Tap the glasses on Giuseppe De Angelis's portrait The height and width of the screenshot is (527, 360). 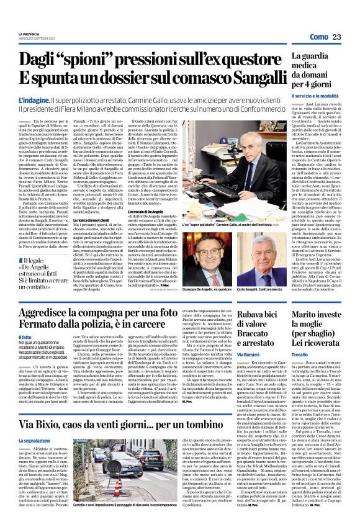click(x=214, y=245)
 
